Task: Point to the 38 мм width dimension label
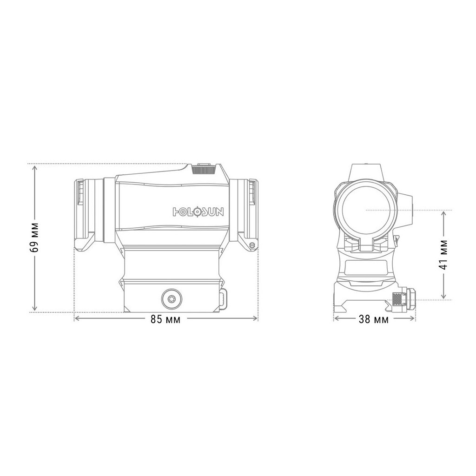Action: tap(374, 319)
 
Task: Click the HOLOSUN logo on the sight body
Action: tap(198, 212)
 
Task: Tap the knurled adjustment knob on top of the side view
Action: tap(205, 169)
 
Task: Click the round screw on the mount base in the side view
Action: tap(171, 298)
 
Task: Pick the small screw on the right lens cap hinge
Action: tap(252, 245)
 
